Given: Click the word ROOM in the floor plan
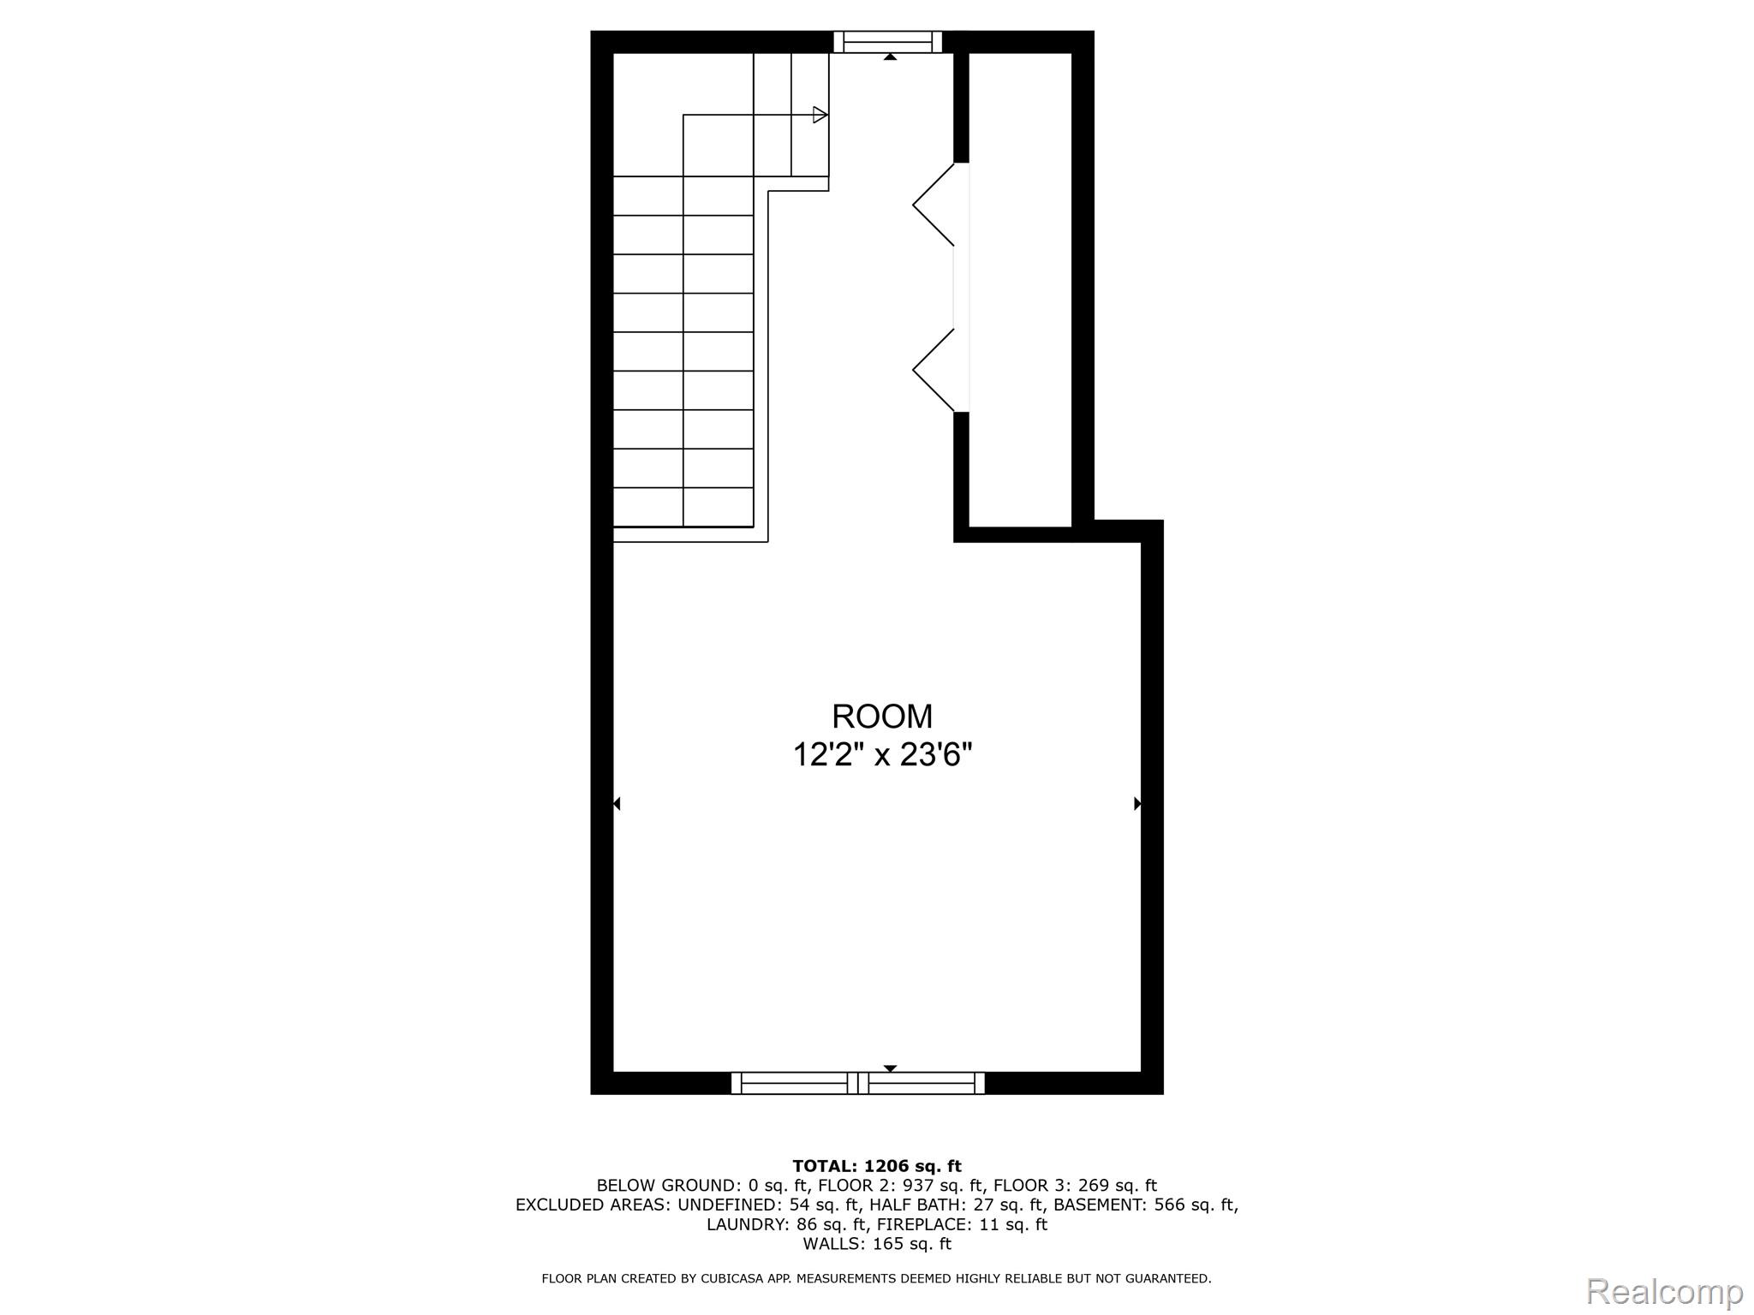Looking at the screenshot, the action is pos(882,716).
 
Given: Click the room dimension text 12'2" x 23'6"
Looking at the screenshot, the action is pos(883,755).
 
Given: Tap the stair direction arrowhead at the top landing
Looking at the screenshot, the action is pos(820,115).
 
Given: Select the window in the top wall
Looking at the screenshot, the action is pos(888,42).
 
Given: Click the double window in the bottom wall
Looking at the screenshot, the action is pos(858,1083).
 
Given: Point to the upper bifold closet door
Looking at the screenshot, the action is pos(934,204).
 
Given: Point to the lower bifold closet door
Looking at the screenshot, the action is pos(934,370).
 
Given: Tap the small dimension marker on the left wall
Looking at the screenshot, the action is pos(617,803).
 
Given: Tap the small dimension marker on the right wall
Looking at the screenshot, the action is pos(1137,803).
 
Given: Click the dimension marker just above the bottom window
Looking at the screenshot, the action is pos(890,1068).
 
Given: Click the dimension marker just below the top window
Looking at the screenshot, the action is pos(890,57).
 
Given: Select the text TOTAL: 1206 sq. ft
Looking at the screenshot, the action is pos(877,1166).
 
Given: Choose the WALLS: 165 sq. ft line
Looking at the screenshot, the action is pos(877,1244).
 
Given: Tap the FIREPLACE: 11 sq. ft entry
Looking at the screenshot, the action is pos(962,1224).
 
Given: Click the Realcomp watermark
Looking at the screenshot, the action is pos(1665,1291).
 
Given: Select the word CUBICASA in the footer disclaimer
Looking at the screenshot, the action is pos(732,1279).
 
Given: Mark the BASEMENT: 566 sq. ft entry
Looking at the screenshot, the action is pos(1146,1205).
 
